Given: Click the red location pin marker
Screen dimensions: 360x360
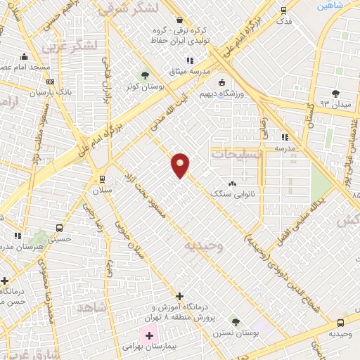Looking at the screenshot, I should point(181,165).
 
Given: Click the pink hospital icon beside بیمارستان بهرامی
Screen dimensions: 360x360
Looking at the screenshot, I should point(149,335).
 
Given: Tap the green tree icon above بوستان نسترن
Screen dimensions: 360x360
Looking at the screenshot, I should point(236,322).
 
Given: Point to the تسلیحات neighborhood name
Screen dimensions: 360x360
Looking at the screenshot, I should point(237,153).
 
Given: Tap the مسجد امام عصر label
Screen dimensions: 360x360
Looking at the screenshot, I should point(28,67).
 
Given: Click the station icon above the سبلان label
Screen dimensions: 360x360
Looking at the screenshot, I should point(103,178).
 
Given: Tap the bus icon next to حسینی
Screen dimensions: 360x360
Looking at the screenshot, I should point(59,228).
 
